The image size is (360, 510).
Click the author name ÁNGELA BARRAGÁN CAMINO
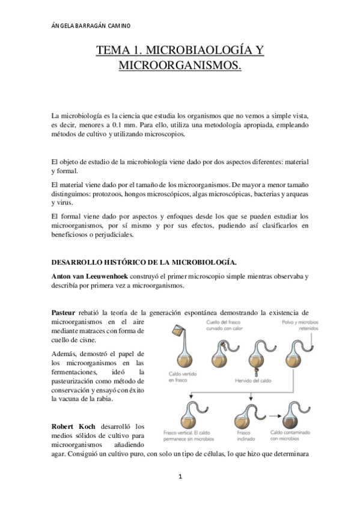(x=90, y=26)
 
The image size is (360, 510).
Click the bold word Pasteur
(x=64, y=312)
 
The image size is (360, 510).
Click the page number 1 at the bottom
(x=180, y=476)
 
